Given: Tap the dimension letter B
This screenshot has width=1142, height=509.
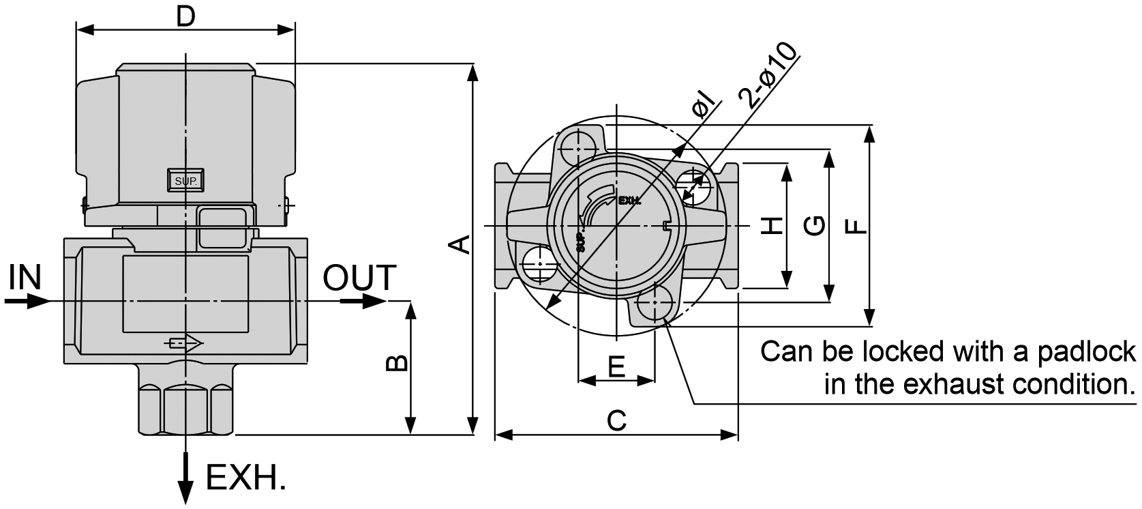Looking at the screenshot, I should (397, 362).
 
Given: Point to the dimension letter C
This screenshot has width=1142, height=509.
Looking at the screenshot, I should (616, 420).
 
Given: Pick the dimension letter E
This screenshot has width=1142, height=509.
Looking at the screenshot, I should (616, 366).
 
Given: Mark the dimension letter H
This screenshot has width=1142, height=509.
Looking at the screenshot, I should (771, 226).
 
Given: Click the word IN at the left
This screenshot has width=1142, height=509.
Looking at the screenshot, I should (25, 278).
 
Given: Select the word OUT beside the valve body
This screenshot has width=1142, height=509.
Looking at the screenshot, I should (359, 278).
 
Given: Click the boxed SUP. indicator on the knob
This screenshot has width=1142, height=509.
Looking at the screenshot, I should (185, 181).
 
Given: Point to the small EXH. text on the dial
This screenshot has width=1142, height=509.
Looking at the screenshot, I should (629, 201).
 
